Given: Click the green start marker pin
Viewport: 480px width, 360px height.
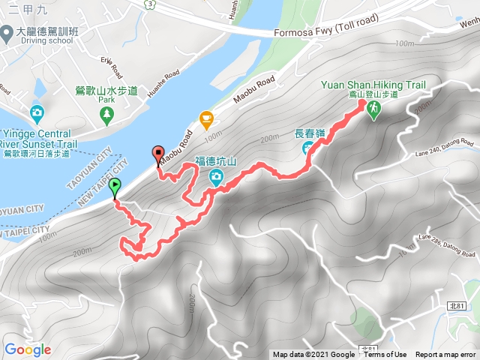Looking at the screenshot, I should click(114, 187).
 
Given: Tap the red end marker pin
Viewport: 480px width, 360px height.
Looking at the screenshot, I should click(157, 154).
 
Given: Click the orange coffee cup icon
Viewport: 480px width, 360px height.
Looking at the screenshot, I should click(206, 118).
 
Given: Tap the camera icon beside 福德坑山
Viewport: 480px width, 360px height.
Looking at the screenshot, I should click(217, 178).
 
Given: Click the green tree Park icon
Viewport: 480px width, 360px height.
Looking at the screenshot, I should click(106, 114).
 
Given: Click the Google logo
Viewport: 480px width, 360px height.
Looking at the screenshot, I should click(27, 349).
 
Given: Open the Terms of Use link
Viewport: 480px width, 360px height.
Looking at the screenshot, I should click(385, 355).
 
